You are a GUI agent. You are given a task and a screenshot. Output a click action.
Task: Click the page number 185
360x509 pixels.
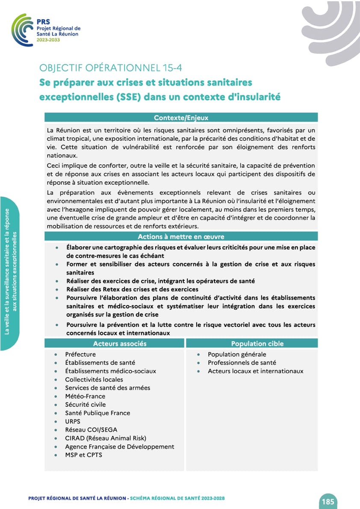pos(328,502)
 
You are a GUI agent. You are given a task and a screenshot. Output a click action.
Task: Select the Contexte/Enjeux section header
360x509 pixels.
pos(181,118)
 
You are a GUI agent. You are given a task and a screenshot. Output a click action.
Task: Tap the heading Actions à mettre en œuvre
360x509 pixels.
pos(181,237)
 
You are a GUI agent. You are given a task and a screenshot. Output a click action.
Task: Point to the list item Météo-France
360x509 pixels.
pos(85,396)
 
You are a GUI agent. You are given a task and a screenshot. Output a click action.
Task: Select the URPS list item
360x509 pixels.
pos(73,421)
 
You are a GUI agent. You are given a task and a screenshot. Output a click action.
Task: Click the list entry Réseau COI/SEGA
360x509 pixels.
pos(91,429)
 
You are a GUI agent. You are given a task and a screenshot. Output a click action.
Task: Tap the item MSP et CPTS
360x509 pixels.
pos(83,455)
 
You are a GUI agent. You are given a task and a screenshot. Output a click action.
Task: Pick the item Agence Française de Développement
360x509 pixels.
pos(120,447)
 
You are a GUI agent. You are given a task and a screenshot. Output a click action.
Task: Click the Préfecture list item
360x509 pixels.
pos(80,354)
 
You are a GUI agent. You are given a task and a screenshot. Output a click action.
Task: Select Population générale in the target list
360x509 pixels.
pos(237,354)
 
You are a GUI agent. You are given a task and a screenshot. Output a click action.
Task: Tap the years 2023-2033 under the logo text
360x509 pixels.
pos(48,40)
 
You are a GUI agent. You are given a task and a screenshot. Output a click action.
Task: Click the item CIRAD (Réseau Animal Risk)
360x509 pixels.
pos(106,438)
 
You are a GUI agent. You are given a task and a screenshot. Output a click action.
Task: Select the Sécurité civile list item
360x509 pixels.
pos(86,404)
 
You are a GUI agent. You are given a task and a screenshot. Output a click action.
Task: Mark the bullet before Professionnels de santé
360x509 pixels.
pos(199,363)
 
